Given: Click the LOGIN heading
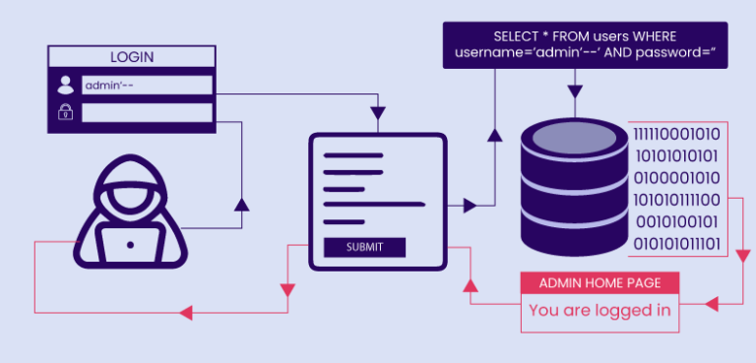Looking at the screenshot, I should pos(132,57).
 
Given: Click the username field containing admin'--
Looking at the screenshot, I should pos(148,86).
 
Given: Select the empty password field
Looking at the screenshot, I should pos(148,113).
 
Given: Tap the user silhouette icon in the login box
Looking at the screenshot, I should pos(65,86).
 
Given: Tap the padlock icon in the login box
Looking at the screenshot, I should pos(65,113).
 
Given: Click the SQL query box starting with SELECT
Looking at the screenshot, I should pos(585,45).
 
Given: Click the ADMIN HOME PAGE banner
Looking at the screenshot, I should pos(599,283).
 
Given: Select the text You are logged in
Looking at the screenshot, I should pos(599,311).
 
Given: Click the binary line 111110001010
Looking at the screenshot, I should pos(676,134).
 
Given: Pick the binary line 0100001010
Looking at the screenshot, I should pos(676,177).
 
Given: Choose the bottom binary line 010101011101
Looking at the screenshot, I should pos(676,242).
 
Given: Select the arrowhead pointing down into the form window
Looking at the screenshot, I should pos(377,122).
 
